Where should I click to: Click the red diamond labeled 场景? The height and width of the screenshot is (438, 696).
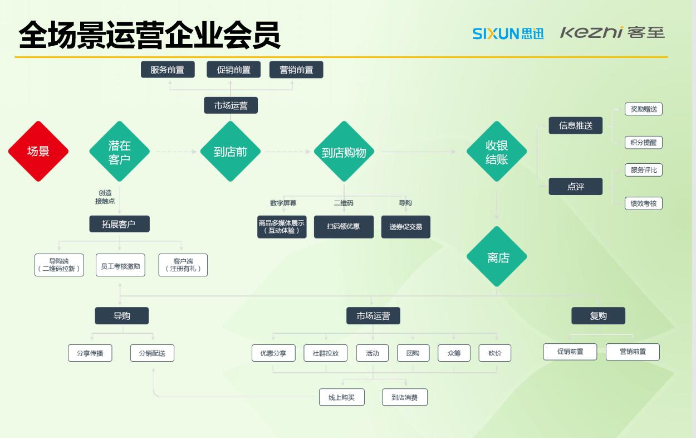pyautogui.click(x=38, y=151)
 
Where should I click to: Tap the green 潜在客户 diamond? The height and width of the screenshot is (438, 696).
pyautogui.click(x=120, y=152)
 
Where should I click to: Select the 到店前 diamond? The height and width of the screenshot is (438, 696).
pyautogui.click(x=230, y=152)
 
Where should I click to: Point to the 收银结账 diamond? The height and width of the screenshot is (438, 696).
pyautogui.click(x=497, y=152)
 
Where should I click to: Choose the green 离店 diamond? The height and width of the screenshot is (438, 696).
pyautogui.click(x=497, y=257)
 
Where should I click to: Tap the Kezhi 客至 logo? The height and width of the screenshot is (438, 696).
pyautogui.click(x=612, y=33)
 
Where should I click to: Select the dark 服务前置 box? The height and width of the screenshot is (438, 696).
pyautogui.click(x=168, y=70)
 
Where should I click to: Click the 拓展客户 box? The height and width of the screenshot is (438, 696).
pyautogui.click(x=120, y=224)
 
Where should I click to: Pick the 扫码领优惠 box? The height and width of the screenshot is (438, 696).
pyautogui.click(x=344, y=227)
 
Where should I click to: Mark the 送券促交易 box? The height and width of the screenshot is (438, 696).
pyautogui.click(x=405, y=227)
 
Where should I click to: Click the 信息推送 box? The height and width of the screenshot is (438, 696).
pyautogui.click(x=576, y=125)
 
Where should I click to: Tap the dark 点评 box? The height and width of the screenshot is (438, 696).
pyautogui.click(x=576, y=187)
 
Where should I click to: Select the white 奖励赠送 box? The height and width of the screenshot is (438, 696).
pyautogui.click(x=644, y=109)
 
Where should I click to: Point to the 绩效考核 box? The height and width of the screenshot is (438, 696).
pyautogui.click(x=644, y=203)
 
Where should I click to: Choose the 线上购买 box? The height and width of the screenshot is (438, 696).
pyautogui.click(x=342, y=397)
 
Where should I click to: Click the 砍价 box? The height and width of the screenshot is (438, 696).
pyautogui.click(x=494, y=353)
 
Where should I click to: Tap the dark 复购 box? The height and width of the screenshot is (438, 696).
pyautogui.click(x=599, y=316)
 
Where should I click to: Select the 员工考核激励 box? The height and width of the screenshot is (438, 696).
pyautogui.click(x=121, y=266)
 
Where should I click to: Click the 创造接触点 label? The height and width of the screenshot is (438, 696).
pyautogui.click(x=105, y=197)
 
